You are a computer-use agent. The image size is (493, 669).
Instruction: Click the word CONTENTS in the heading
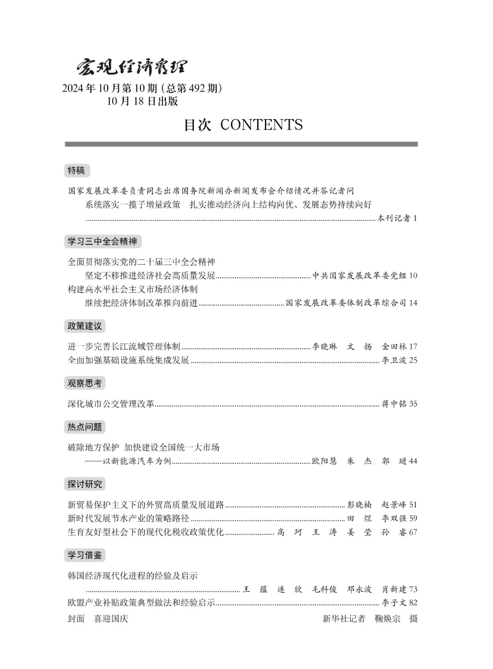coord(261,125)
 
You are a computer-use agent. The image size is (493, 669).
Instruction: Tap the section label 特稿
coord(77,171)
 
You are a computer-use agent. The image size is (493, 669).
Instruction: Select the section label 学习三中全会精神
coord(103,241)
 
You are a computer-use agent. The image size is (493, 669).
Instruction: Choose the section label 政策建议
coord(85,326)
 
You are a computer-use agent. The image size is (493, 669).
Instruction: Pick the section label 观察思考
coord(85,383)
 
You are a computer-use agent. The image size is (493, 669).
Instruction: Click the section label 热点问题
coord(85,427)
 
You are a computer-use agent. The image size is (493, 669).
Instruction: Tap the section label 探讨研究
coord(85,484)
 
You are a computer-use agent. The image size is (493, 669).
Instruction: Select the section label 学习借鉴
coord(85,555)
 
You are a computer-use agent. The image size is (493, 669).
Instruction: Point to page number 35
coord(413,404)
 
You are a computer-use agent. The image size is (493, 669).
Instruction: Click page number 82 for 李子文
coord(413,603)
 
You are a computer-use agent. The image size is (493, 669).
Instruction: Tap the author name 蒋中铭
coord(394,404)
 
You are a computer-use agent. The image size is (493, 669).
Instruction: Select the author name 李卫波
coord(394,360)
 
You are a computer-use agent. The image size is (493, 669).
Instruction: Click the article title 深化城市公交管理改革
coord(111,404)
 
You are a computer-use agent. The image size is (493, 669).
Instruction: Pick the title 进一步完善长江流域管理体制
coord(124,346)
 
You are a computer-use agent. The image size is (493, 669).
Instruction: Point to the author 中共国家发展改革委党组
coord(359,276)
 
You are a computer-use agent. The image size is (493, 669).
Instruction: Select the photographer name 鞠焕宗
coord(388,619)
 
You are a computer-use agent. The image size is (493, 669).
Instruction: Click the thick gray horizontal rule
coord(241,144)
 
